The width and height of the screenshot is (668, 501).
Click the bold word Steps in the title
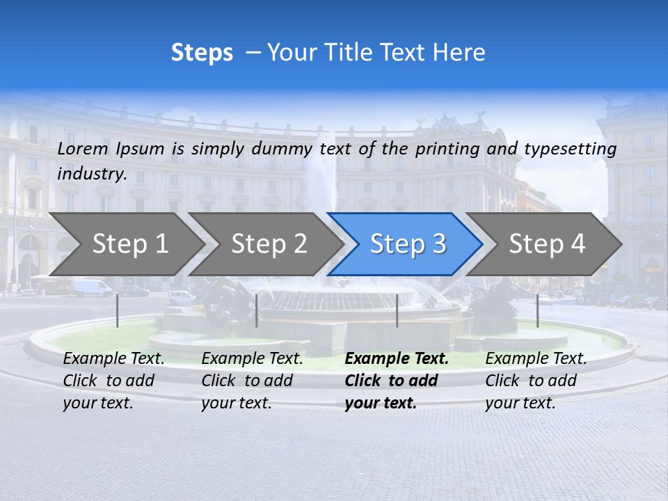[202, 53]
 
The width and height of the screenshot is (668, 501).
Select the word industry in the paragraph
[92, 174]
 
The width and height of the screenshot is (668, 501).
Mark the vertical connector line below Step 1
[118, 310]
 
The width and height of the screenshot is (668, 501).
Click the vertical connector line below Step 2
[257, 310]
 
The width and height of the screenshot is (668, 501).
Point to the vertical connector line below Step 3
[397, 310]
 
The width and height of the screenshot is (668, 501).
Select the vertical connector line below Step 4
[537, 310]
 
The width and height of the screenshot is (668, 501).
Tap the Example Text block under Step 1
[113, 381]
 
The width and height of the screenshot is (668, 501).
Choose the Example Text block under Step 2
[252, 381]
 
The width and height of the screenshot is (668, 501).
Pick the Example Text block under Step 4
[536, 381]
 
